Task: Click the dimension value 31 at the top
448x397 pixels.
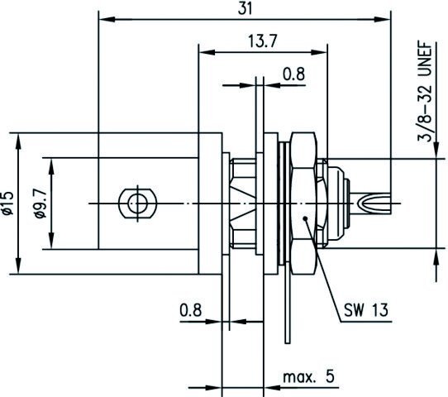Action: (245, 9)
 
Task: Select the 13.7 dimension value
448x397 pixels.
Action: (262, 41)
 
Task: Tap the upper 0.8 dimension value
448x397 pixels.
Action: (293, 74)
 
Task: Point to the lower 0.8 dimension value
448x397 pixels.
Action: (191, 309)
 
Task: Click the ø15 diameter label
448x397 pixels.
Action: (7, 203)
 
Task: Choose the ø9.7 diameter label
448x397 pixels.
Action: (41, 203)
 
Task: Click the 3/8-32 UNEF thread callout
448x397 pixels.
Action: (425, 92)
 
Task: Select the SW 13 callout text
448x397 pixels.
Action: (366, 310)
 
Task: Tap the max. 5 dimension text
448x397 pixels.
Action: (308, 377)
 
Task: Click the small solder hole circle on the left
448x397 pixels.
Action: (138, 203)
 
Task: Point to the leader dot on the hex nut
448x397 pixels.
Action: (305, 218)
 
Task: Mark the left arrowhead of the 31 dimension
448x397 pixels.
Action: (107, 19)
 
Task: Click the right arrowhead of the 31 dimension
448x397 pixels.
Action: (383, 19)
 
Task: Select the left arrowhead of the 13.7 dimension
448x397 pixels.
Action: (207, 52)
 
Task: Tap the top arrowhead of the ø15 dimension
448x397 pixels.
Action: (18, 141)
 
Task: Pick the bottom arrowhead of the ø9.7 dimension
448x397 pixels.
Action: (51, 241)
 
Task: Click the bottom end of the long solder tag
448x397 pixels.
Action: (288, 342)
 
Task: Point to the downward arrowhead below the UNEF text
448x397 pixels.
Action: (436, 150)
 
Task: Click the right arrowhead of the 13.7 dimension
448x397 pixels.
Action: (319, 52)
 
